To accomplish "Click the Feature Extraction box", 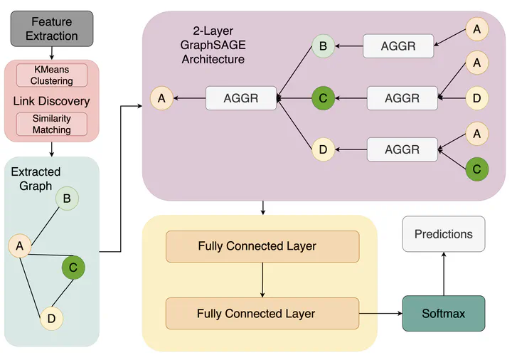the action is click(x=52, y=28).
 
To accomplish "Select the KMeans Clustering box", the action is click(x=52, y=75).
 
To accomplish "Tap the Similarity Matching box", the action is click(x=52, y=124).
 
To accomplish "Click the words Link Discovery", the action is click(x=51, y=101).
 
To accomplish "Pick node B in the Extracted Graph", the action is click(x=67, y=198).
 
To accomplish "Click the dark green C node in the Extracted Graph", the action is click(x=73, y=268).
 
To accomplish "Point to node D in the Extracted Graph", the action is click(x=51, y=319).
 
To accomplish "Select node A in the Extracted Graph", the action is click(x=20, y=245).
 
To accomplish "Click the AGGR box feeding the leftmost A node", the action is click(x=241, y=98).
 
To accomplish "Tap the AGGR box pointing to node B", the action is click(x=398, y=46).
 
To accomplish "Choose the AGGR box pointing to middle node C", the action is click(x=402, y=98).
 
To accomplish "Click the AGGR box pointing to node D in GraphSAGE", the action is click(x=402, y=149).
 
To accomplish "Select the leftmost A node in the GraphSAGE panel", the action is click(x=161, y=98).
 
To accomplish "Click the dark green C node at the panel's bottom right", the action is click(x=476, y=169).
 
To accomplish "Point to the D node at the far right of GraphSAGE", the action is click(x=476, y=98).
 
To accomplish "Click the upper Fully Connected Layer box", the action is click(x=262, y=247).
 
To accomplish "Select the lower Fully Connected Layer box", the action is click(x=262, y=314).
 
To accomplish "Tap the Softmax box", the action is click(x=444, y=314).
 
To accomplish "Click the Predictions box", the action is click(x=444, y=234).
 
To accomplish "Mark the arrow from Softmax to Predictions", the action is click(x=444, y=274).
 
